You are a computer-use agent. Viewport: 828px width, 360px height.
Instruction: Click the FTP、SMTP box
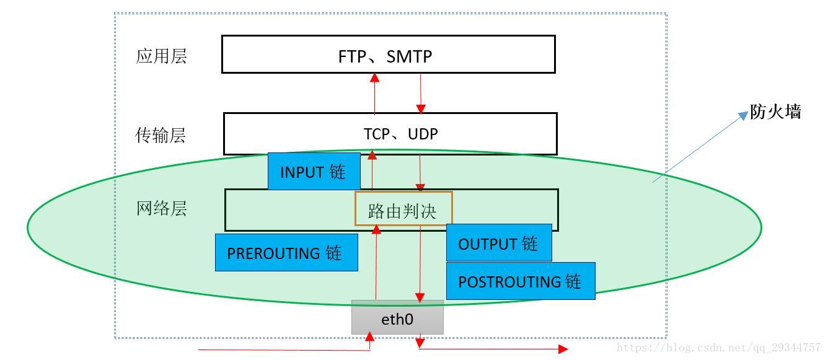[388, 55]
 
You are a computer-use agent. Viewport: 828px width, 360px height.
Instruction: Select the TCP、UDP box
[390, 133]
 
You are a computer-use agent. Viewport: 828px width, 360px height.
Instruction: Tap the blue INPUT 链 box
[314, 172]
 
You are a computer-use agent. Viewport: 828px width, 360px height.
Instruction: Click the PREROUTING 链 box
[286, 252]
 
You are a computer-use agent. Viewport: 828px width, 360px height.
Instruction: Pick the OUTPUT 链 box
[498, 243]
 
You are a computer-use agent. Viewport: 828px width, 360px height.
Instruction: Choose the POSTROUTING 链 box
[520, 281]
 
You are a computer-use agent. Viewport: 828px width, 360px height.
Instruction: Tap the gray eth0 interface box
[397, 318]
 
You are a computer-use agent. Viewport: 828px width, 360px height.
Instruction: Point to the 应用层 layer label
[161, 56]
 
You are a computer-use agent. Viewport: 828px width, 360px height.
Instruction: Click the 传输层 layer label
[161, 135]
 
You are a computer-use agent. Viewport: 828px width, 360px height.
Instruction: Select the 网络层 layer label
[161, 208]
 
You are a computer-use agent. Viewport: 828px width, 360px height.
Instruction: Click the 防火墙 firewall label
[775, 112]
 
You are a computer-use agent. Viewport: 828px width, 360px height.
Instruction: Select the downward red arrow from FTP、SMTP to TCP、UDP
[421, 93]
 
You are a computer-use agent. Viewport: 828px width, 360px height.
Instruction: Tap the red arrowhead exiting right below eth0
[562, 349]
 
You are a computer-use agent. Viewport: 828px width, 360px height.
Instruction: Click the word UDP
[423, 134]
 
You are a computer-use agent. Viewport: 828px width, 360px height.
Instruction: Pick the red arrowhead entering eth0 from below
[370, 336]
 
